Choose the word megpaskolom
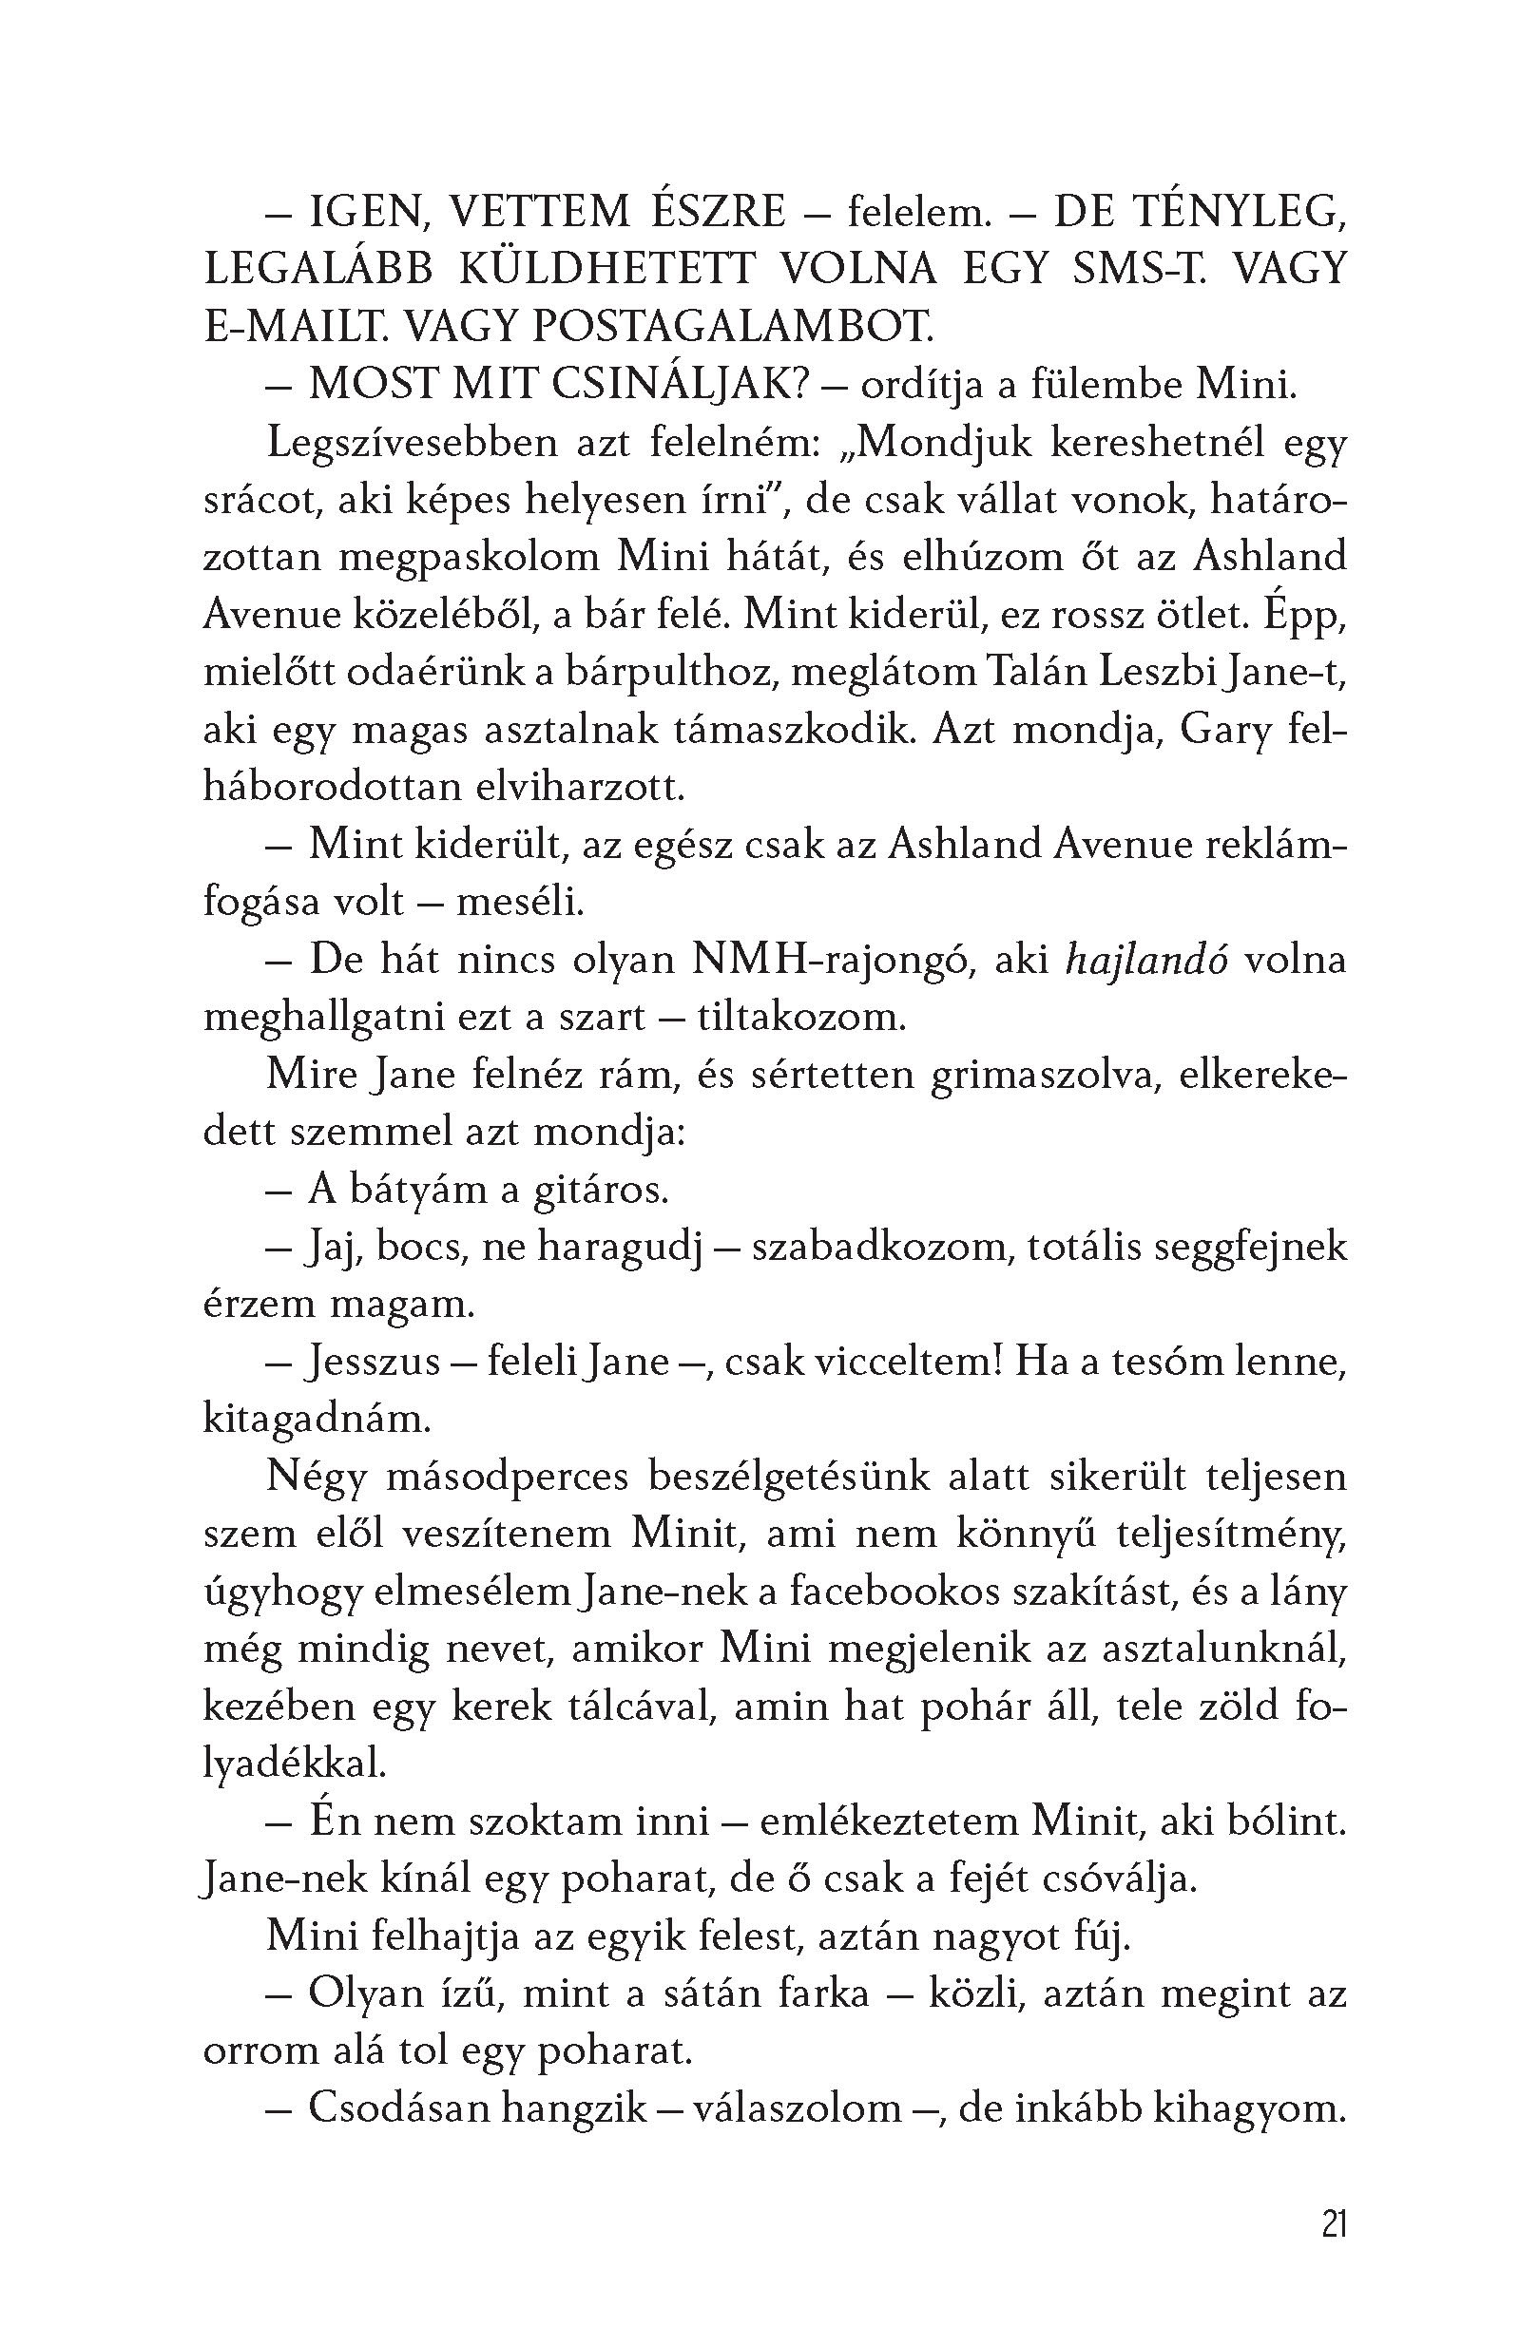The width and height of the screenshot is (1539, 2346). coord(470,558)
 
